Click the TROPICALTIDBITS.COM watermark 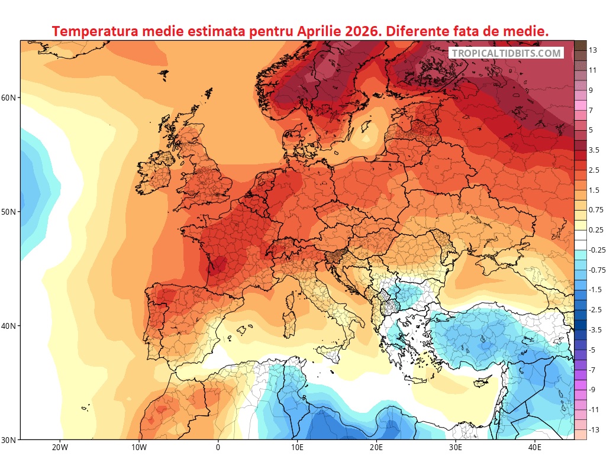pos(506,53)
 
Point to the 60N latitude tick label pos(10,98)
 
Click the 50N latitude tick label pos(10,212)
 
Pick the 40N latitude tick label pos(10,326)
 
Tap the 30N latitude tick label pos(10,440)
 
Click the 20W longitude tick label pos(59,448)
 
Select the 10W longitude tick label pos(138,448)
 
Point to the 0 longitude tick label pos(218,448)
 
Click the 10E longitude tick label pos(297,448)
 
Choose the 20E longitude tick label pos(376,448)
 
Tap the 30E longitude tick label pos(456,448)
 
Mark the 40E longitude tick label pos(535,448)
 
